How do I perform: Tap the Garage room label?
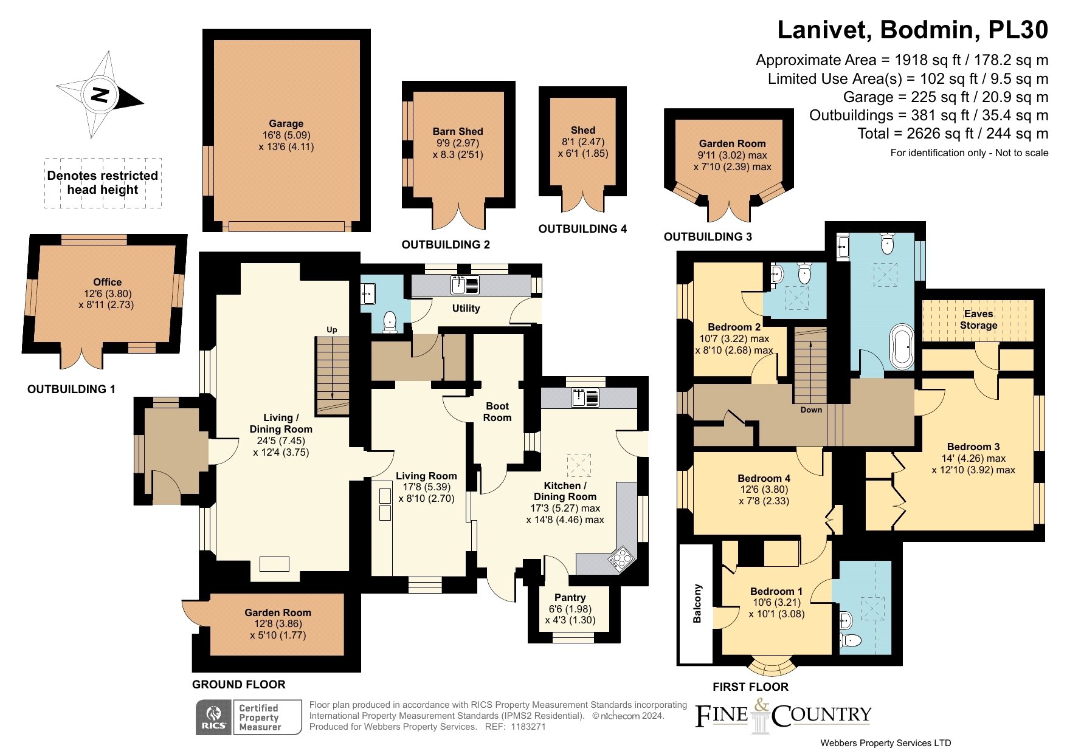click(286, 123)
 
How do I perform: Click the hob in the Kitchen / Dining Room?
click(621, 559)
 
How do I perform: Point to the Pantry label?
click(570, 597)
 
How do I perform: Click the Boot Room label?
click(497, 411)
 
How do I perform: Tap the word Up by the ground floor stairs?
click(332, 330)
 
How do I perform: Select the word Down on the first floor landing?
click(811, 410)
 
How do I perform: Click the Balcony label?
click(697, 603)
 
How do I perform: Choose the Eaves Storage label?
click(979, 320)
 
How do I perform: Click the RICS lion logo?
click(213, 717)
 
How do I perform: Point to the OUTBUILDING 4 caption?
click(582, 229)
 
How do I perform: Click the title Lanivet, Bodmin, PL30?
click(913, 30)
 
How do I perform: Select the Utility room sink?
click(465, 284)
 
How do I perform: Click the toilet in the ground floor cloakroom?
click(390, 322)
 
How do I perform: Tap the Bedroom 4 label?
click(764, 478)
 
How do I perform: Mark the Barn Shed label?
click(458, 131)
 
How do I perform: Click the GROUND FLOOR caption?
click(239, 685)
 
